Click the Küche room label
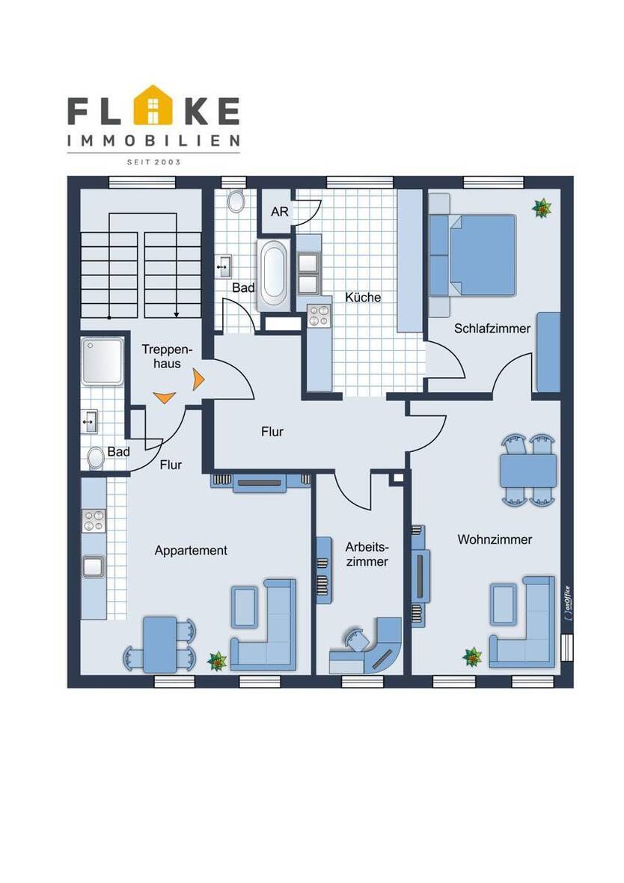point(363,297)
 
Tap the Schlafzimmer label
point(492,329)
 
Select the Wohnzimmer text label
point(495,540)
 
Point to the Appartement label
point(191,551)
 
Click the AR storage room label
point(280,212)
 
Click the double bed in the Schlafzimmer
point(473,255)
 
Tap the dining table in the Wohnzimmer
point(528,471)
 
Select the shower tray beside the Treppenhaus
point(102,361)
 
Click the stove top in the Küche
point(319,315)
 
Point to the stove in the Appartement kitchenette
point(94,520)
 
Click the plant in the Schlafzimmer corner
point(542,208)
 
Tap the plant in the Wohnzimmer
point(473,656)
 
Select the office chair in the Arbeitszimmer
point(356,639)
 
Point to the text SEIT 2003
point(153,162)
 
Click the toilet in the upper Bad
point(236,201)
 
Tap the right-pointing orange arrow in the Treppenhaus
point(198,379)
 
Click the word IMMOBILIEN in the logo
point(153,140)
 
